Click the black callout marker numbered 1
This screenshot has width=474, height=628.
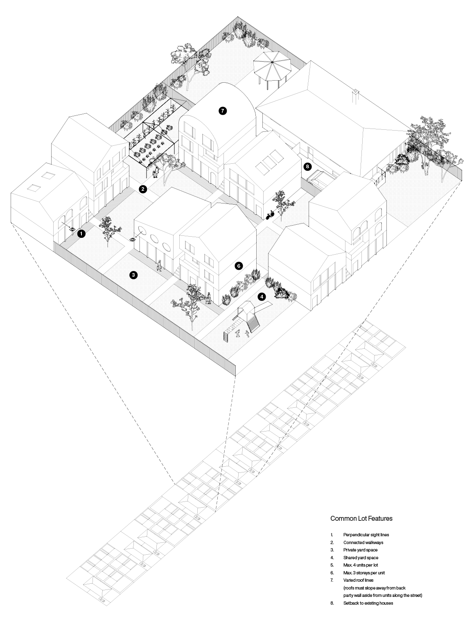pos(81,234)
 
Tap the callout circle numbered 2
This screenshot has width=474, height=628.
pos(143,189)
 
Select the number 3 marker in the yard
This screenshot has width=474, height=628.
pos(133,275)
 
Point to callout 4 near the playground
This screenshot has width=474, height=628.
pos(262,296)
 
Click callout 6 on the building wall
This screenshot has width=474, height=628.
pos(239,266)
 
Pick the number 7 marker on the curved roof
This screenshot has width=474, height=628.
pos(222,111)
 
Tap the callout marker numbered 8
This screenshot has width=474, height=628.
pos(307,167)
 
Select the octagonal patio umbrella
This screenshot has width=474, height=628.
pos(271,64)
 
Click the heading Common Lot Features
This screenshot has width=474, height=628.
pos(361,518)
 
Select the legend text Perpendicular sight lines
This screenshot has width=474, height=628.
pos(366,535)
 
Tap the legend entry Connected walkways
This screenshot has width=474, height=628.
pos(363,542)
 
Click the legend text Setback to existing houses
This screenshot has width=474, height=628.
pos(368,603)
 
